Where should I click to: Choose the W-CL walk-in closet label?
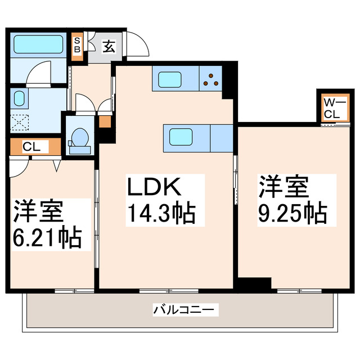[x=331, y=107]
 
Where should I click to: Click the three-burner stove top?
[x=211, y=80]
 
